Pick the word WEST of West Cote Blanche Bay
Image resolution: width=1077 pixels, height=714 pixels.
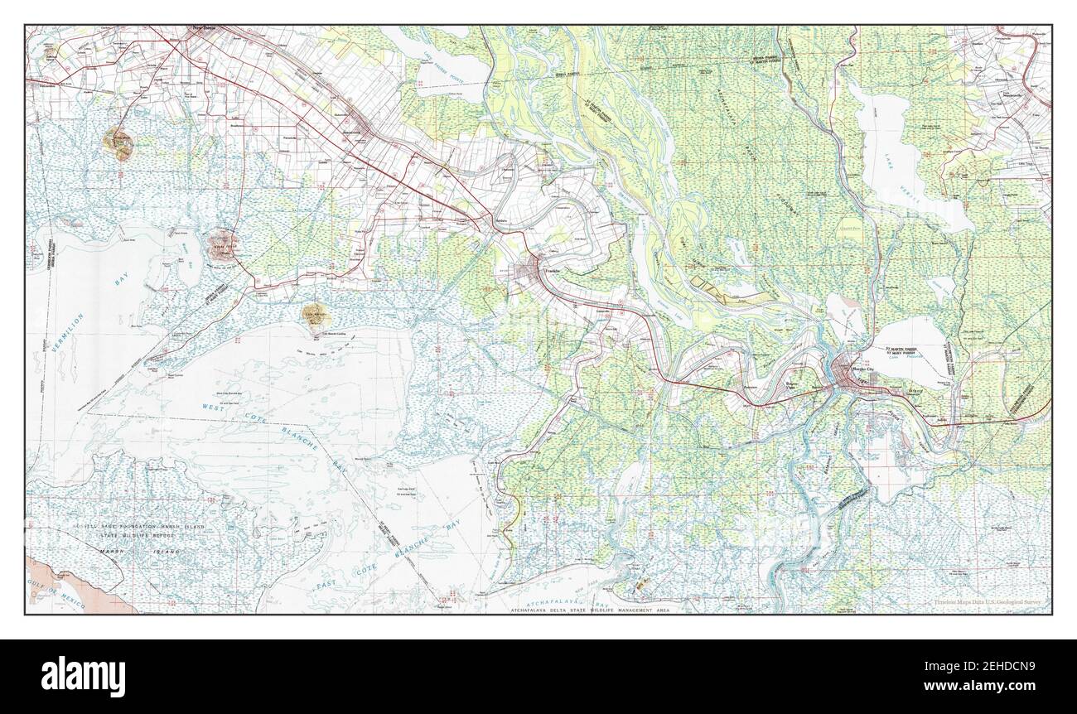(211, 406)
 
